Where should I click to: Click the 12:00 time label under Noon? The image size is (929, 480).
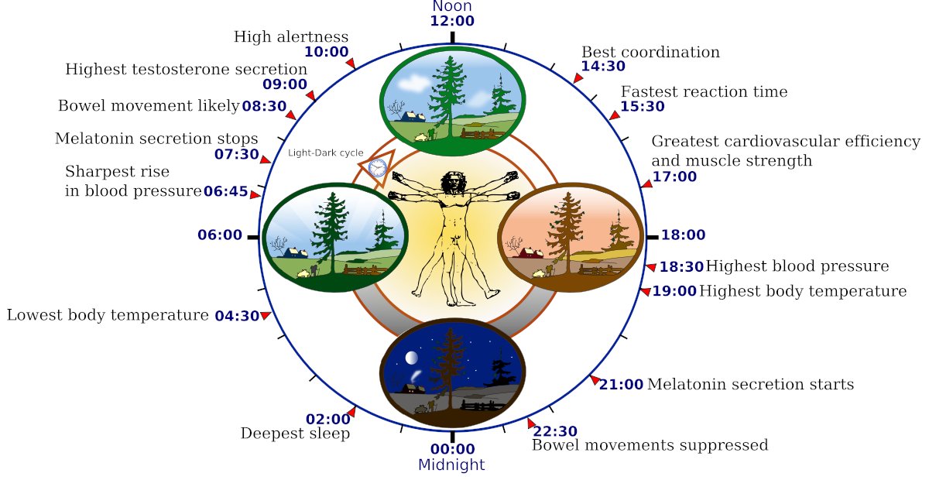[x=452, y=21]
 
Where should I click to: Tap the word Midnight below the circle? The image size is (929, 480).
[x=451, y=465]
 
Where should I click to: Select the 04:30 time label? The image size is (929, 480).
[x=236, y=316]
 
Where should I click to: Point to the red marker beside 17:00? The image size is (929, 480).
[x=646, y=183]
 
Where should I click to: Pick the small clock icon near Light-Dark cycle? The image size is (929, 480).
[x=378, y=167]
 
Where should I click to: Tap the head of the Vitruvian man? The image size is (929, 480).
[x=451, y=183]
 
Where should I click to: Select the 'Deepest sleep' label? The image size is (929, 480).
[x=295, y=434]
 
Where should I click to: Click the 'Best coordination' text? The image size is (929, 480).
[x=650, y=53]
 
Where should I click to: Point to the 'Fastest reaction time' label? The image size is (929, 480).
[x=704, y=92]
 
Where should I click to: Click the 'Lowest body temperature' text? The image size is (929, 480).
[x=108, y=316]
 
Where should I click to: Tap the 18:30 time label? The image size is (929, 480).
[x=681, y=267]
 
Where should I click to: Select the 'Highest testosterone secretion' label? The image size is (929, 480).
[x=186, y=70]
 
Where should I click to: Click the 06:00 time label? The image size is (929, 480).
[x=220, y=235]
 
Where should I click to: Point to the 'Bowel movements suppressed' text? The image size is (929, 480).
[x=650, y=445]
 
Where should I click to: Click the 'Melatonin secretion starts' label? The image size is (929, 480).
[x=750, y=385]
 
